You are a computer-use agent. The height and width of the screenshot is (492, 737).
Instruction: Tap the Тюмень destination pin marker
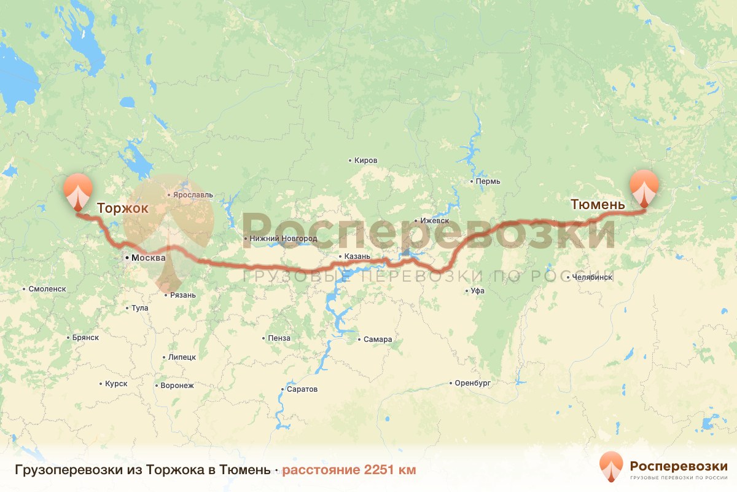pos(644,188)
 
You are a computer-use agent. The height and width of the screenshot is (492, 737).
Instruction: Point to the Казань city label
pos(356,256)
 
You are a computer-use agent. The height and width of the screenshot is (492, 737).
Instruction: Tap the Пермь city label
pos(488,181)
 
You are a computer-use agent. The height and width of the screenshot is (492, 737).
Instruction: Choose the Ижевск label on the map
pos(435,221)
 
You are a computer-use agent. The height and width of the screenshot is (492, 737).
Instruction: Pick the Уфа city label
pos(477,291)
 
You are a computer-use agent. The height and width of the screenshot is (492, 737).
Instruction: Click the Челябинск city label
pos(591,277)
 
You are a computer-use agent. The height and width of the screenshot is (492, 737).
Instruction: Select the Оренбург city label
pos(472,383)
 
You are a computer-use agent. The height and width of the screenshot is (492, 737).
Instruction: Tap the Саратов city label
pos(302,389)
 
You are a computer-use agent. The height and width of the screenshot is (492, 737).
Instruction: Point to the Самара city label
pos(377,339)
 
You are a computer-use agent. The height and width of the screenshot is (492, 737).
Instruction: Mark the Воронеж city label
pos(177,386)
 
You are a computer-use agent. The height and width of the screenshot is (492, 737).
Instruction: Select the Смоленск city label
pos(47,288)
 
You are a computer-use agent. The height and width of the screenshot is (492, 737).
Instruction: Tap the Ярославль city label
pos(193,195)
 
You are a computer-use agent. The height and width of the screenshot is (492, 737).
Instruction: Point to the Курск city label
pos(116,384)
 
